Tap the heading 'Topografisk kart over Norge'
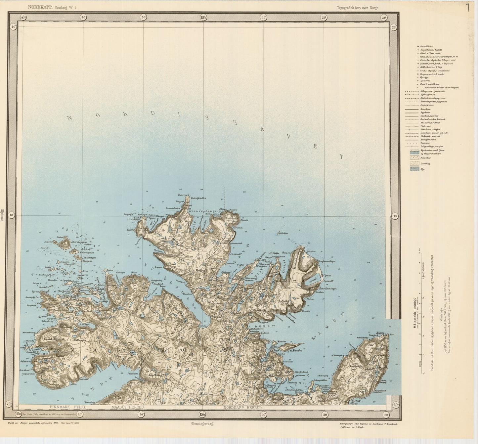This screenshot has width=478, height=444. click(x=358, y=8)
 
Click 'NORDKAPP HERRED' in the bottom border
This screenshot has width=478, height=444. click(x=242, y=408)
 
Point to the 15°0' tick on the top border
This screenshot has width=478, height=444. click(x=203, y=17)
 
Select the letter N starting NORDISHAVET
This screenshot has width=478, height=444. click(x=69, y=118)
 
